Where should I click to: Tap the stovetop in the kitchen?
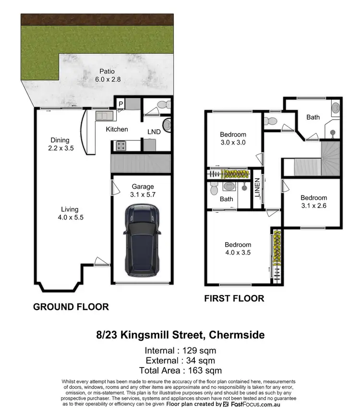click(x=120, y=145)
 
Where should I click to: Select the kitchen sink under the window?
click(x=103, y=116)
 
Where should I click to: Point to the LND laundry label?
click(x=154, y=132)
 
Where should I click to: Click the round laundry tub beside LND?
click(x=167, y=126)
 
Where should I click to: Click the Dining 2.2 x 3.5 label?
click(x=60, y=144)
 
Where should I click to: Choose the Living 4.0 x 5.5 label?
click(x=70, y=213)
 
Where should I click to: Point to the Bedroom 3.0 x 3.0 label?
click(x=233, y=138)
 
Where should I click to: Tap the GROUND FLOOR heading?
click(x=71, y=307)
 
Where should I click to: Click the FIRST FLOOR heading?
click(x=234, y=298)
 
